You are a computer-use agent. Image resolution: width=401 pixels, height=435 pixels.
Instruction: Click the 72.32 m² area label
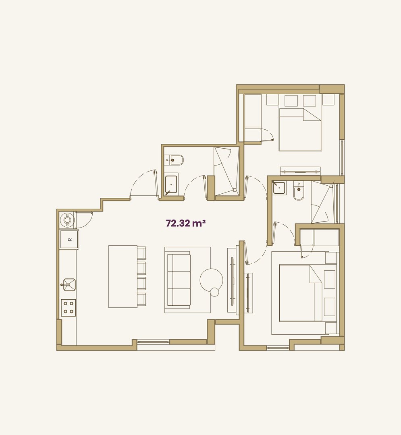pyautogui.click(x=186, y=223)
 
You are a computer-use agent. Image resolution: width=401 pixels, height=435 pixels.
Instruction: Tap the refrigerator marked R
pyautogui.click(x=69, y=240)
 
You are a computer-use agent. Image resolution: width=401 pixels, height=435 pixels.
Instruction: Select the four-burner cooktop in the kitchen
pyautogui.click(x=69, y=307)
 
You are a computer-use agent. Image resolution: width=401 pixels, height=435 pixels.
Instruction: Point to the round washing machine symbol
pyautogui.click(x=67, y=220)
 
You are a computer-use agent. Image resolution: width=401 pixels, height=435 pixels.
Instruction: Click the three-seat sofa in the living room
pyautogui.click(x=178, y=280)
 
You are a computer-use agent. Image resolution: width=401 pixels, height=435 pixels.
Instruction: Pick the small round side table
pyautogui.click(x=215, y=292)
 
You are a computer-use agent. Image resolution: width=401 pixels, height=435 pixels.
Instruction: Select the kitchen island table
pyautogui.click(x=123, y=276)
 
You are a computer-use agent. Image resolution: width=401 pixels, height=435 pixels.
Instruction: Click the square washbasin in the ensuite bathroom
pyautogui.click(x=279, y=188)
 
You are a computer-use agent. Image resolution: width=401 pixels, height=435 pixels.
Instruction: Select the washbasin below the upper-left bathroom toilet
pyautogui.click(x=171, y=185)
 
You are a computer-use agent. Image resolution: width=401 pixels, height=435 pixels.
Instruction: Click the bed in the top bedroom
pyautogui.click(x=300, y=129)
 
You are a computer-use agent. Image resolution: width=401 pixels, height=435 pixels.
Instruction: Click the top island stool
pyautogui.click(x=141, y=253)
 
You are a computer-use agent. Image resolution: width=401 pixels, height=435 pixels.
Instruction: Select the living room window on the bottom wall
pyautogui.click(x=153, y=342)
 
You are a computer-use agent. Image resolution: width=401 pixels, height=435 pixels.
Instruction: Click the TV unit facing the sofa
pyautogui.click(x=232, y=280)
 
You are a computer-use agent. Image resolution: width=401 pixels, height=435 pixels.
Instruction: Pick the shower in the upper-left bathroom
pyautogui.click(x=226, y=171)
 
